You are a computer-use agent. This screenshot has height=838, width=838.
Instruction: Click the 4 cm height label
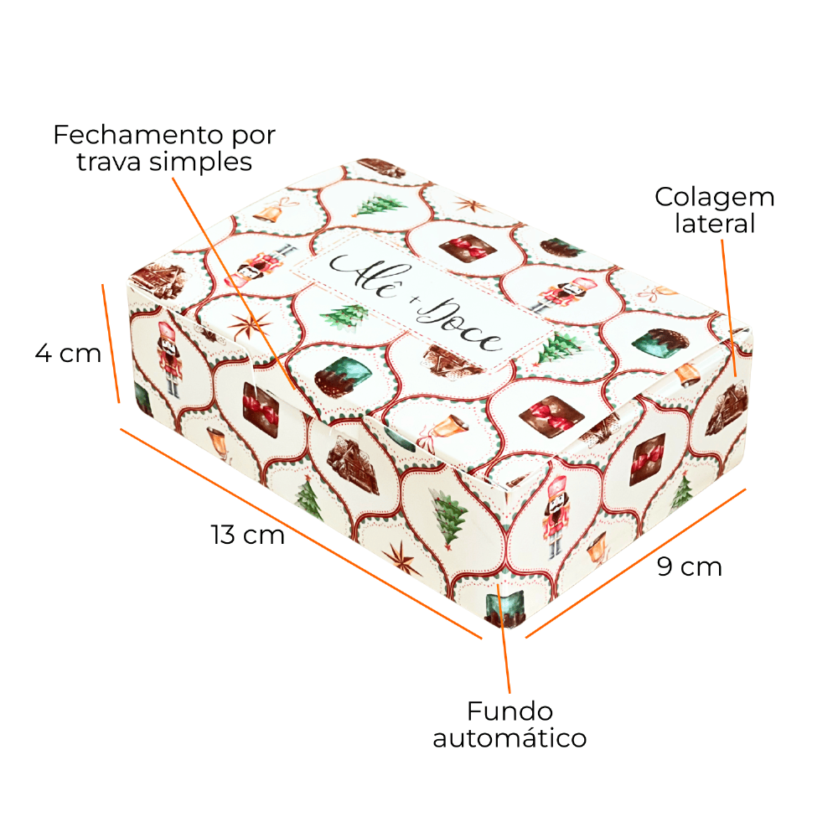pyautogui.click(x=68, y=354)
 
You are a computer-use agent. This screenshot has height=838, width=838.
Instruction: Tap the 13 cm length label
pyautogui.click(x=247, y=535)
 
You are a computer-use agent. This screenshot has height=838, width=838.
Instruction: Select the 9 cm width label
pyautogui.click(x=690, y=566)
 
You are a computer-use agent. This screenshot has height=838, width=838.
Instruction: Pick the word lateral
pyautogui.click(x=715, y=224)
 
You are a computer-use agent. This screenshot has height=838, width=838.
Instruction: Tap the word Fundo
pyautogui.click(x=510, y=711)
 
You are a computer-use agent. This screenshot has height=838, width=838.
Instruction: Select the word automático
pyautogui.click(x=510, y=738)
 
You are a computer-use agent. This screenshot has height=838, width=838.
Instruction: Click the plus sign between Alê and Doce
pyautogui.click(x=413, y=301)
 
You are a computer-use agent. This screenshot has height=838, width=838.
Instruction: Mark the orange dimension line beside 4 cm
pyautogui.click(x=111, y=343)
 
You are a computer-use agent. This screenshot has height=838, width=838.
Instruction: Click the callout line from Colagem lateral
pyautogui.click(x=729, y=308)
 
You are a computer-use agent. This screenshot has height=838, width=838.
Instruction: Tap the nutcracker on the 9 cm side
pyautogui.click(x=556, y=515)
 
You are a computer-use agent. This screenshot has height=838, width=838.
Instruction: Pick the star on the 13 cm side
pyautogui.click(x=401, y=557)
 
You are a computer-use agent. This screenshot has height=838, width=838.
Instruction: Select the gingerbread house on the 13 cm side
pyautogui.click(x=353, y=464)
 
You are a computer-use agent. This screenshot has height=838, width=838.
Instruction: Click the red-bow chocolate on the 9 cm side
pyautogui.click(x=647, y=459)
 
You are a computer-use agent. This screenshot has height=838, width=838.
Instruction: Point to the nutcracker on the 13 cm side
pyautogui.click(x=170, y=358)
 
